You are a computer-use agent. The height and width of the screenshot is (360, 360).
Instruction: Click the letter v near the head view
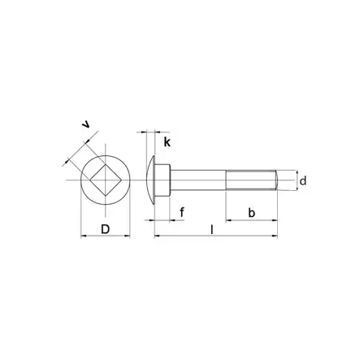tap(87, 124)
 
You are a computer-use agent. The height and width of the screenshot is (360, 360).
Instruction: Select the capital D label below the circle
tap(105, 228)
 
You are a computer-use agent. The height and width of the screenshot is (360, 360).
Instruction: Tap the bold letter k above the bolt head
tap(167, 142)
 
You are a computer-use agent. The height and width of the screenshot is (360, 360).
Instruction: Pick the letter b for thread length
tap(251, 213)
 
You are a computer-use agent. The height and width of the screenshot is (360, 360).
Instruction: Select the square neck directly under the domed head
tap(167, 176)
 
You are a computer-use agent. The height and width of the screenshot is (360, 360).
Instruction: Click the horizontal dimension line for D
tap(105, 236)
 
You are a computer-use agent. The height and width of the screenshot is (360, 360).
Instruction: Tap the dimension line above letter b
tap(251, 220)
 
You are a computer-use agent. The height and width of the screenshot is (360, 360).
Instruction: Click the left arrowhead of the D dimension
tap(84, 236)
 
